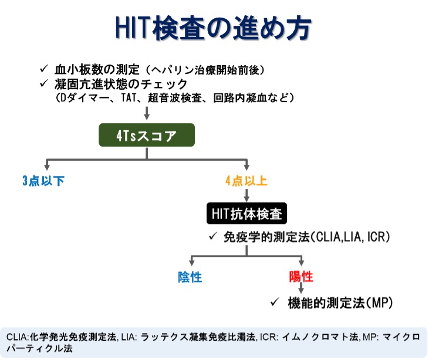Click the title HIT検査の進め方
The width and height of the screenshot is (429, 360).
pos(213,28)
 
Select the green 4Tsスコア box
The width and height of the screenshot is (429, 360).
pos(147,135)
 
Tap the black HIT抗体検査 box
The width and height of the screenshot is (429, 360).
pos(246,213)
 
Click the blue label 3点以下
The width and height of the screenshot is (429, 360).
pos(43,181)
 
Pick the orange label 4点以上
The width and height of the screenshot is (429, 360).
pos(246,181)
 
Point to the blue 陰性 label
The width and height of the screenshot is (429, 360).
pos(190,277)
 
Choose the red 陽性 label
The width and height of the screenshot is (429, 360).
pos(301,277)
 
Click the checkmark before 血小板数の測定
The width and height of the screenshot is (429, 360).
pos(44,69)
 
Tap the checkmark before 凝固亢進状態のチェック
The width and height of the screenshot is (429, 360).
pos(44,83)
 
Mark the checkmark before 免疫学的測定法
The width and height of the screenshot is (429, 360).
pos(213,236)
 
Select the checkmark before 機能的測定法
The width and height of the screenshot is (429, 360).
pos(275,302)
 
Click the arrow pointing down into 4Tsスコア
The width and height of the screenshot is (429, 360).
pos(147,113)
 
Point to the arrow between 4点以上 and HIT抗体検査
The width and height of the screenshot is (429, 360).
pos(246,195)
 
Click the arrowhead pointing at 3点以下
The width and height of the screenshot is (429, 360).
pos(47,167)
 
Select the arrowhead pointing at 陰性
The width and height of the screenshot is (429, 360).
pos(192,262)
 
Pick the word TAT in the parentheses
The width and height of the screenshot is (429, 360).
pos(129,97)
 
